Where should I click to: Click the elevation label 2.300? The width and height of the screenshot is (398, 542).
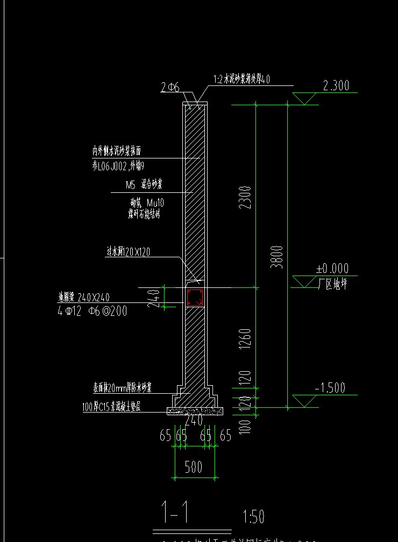click(x=336, y=85)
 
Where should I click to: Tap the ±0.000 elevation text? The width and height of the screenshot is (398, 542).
click(x=332, y=269)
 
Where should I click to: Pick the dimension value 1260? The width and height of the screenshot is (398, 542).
click(x=245, y=338)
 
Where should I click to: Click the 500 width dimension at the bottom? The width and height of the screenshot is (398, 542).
click(x=194, y=466)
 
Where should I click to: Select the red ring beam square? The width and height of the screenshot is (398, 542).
click(x=195, y=298)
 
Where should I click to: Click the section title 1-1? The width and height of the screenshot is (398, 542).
click(x=175, y=513)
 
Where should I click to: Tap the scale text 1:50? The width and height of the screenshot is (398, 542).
click(x=254, y=517)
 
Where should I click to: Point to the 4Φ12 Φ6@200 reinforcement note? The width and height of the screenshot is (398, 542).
click(x=93, y=311)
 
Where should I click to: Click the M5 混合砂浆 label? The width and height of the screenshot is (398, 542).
click(x=144, y=185)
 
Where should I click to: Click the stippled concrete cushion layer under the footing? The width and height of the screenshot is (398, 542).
click(x=195, y=411)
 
